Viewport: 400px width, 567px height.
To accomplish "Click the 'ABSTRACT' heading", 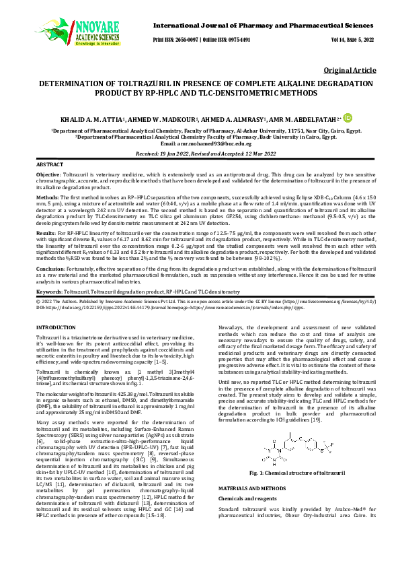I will [x=50, y=164].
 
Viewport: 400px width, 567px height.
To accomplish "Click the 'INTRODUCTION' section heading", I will [x=56, y=327].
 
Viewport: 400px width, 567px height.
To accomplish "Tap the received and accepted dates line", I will [x=200, y=154].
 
